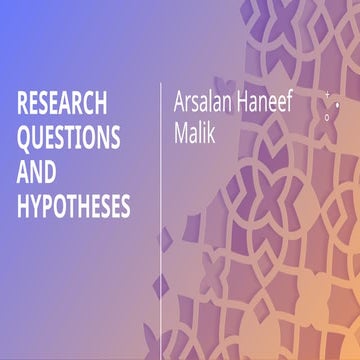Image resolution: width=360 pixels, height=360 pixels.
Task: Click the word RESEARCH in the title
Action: [62, 105]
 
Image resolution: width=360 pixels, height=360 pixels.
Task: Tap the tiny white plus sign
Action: [327, 93]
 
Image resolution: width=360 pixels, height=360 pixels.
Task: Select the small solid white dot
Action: [337, 104]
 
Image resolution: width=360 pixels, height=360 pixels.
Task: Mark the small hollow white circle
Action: [327, 116]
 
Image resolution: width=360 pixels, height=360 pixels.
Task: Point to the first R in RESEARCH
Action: [23, 105]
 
